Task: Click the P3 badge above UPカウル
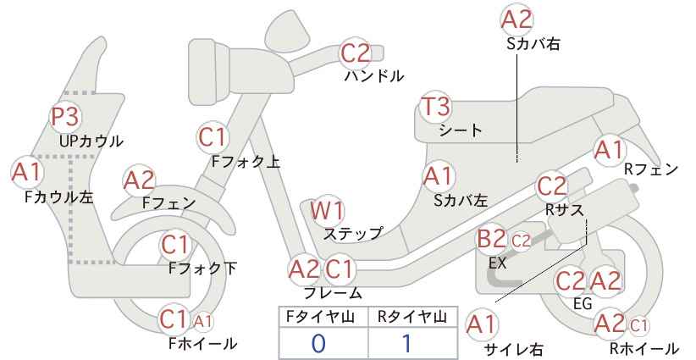tap(65, 117)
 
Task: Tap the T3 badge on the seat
tap(435, 107)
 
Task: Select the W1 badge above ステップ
tap(327, 211)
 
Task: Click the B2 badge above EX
tap(491, 239)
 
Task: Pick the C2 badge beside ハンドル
tap(355, 53)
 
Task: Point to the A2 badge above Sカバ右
tap(516, 19)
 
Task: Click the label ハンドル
tap(374, 76)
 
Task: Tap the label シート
tap(461, 130)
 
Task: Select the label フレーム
tap(333, 293)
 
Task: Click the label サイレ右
tap(513, 349)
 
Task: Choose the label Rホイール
tap(644, 348)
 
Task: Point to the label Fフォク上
tap(246, 162)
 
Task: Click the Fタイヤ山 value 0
tap(318, 343)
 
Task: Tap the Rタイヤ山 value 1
tap(406, 343)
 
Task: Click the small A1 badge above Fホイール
tap(203, 321)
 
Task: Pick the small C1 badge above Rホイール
tap(638, 326)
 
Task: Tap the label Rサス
tap(564, 210)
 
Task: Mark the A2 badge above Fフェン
tap(139, 181)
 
